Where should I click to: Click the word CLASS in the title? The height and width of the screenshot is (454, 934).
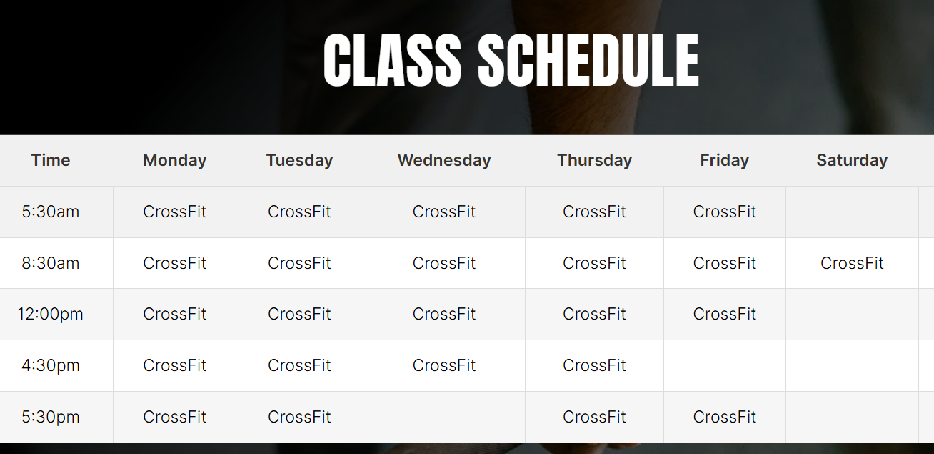[392, 60]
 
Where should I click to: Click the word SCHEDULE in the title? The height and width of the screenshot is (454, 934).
[588, 60]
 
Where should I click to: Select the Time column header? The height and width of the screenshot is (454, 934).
[51, 160]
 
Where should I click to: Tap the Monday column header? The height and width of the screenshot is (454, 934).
[175, 160]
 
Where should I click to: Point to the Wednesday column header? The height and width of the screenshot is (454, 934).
[444, 160]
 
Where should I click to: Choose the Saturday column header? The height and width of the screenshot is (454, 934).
[852, 160]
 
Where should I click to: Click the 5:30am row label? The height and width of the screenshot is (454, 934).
[51, 212]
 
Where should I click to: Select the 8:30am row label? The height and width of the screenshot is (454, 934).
[51, 263]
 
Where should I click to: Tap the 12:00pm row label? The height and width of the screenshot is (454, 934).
[51, 314]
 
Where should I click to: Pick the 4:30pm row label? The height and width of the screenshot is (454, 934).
[51, 365]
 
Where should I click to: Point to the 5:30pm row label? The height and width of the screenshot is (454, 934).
[51, 417]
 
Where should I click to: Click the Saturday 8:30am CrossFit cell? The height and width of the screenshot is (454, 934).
[852, 263]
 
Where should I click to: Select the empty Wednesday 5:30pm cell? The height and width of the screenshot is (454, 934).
[444, 418]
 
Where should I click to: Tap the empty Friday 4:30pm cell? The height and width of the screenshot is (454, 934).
[725, 366]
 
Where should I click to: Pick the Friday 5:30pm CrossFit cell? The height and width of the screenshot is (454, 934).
[725, 417]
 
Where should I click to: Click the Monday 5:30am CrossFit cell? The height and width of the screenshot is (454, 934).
[175, 212]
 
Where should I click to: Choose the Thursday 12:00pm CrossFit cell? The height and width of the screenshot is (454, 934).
[594, 314]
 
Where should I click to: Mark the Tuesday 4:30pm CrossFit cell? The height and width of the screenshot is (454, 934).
[299, 365]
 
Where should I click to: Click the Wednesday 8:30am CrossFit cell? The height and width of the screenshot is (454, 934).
[444, 263]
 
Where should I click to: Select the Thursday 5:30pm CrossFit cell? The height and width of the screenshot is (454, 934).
[594, 417]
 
